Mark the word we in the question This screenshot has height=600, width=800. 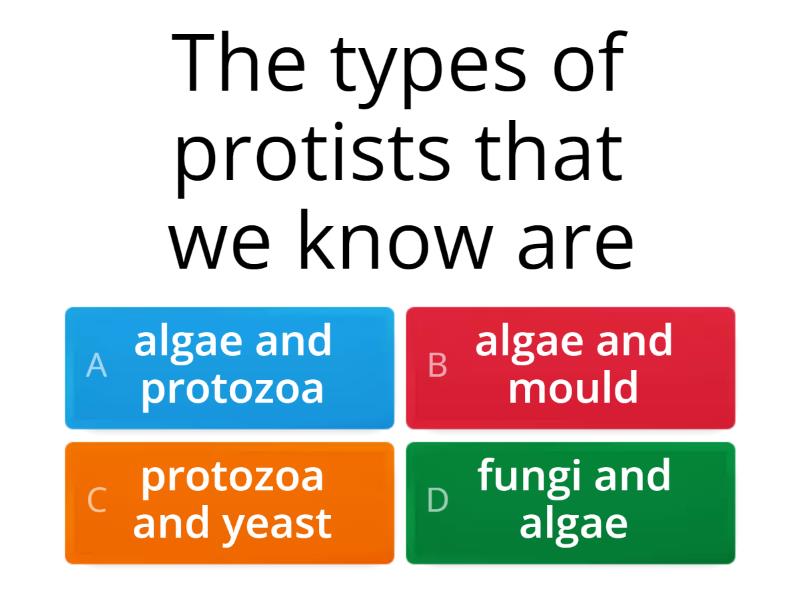[214, 245]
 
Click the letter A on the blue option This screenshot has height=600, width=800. [96, 366]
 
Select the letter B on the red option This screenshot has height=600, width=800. [437, 366]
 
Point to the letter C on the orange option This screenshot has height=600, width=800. [96, 500]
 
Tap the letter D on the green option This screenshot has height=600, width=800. [438, 500]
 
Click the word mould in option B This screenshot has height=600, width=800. [573, 388]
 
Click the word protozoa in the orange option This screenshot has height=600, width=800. [233, 477]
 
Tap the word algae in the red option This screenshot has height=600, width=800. [528, 343]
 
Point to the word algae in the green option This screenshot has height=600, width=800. [573, 524]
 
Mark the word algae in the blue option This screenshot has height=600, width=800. [187, 343]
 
